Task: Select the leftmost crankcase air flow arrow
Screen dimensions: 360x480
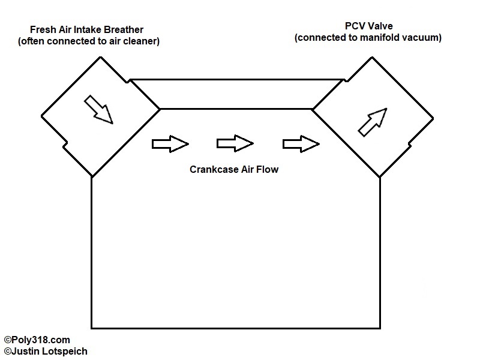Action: [x=171, y=144]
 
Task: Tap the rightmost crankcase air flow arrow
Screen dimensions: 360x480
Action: [x=301, y=144]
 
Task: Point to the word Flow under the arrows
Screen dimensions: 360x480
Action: [x=268, y=170]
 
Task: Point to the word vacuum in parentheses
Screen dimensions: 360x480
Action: [x=421, y=38]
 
